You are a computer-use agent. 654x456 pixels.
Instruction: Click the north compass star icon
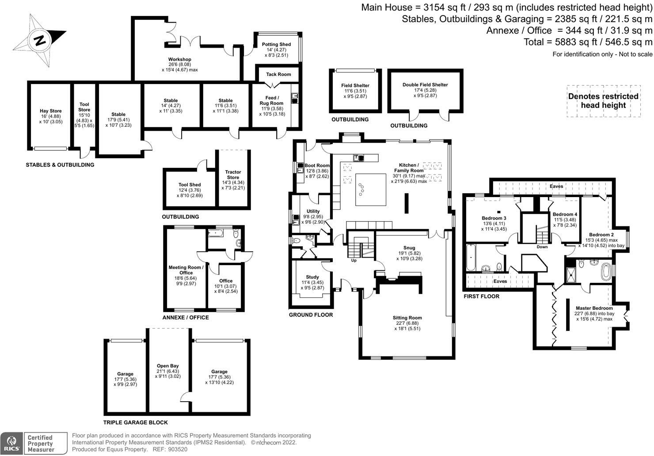(x=39, y=40)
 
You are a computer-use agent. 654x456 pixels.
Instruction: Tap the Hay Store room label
(x=51, y=111)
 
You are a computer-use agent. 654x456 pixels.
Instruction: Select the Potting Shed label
(x=276, y=44)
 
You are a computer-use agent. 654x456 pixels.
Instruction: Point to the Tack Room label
(x=278, y=74)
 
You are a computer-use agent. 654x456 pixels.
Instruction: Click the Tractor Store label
(x=233, y=175)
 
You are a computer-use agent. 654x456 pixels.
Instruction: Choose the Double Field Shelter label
(x=425, y=85)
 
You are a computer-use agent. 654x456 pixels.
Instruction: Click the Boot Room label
(x=317, y=165)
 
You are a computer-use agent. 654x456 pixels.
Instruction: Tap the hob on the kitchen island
(x=361, y=189)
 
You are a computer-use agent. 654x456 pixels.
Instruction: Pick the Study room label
(x=312, y=277)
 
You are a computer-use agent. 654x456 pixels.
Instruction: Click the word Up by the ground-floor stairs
(x=354, y=260)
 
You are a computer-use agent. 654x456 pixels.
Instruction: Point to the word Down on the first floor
(x=542, y=247)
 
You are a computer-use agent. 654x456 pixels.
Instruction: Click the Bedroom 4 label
(x=565, y=214)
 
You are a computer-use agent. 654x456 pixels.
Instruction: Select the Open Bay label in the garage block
(x=168, y=366)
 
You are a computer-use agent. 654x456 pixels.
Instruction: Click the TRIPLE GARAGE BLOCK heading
(x=136, y=422)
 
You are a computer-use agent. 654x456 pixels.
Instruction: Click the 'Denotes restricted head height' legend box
(x=603, y=101)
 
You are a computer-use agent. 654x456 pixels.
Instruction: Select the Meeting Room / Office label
(x=186, y=270)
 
